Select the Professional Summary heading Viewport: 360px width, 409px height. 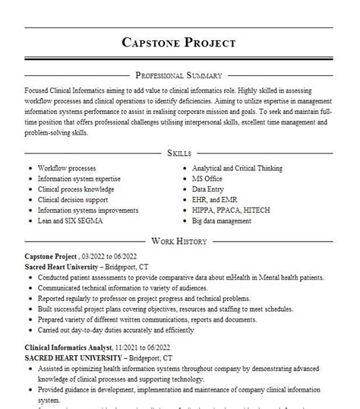coord(179,75)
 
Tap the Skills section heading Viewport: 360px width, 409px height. coord(179,152)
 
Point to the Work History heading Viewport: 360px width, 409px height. coord(179,240)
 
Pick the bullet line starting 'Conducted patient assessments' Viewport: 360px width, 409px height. coord(172,279)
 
